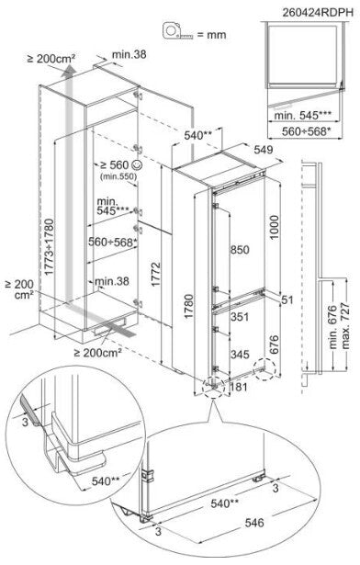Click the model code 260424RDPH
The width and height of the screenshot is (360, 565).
click(318, 12)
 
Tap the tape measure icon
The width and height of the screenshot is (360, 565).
click(177, 31)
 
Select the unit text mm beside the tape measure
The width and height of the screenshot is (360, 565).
click(217, 35)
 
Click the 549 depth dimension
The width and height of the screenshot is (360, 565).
click(264, 150)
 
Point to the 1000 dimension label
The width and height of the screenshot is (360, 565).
click(275, 227)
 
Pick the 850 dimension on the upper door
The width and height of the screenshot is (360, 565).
click(240, 250)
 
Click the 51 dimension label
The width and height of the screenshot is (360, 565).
click(287, 299)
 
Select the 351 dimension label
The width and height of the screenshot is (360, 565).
click(240, 317)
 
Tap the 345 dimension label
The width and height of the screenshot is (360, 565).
click(240, 355)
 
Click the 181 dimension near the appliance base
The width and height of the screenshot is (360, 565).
click(239, 387)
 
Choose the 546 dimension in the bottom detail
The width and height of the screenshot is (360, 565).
click(254, 523)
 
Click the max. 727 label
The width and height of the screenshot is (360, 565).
click(345, 326)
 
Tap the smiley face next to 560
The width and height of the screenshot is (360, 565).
click(137, 164)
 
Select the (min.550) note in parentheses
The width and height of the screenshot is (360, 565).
click(118, 176)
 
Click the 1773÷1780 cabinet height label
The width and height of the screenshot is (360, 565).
click(49, 247)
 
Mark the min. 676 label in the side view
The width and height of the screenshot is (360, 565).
click(332, 327)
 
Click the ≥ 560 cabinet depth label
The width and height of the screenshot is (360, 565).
click(114, 165)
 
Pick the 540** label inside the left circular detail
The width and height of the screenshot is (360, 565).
click(106, 481)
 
